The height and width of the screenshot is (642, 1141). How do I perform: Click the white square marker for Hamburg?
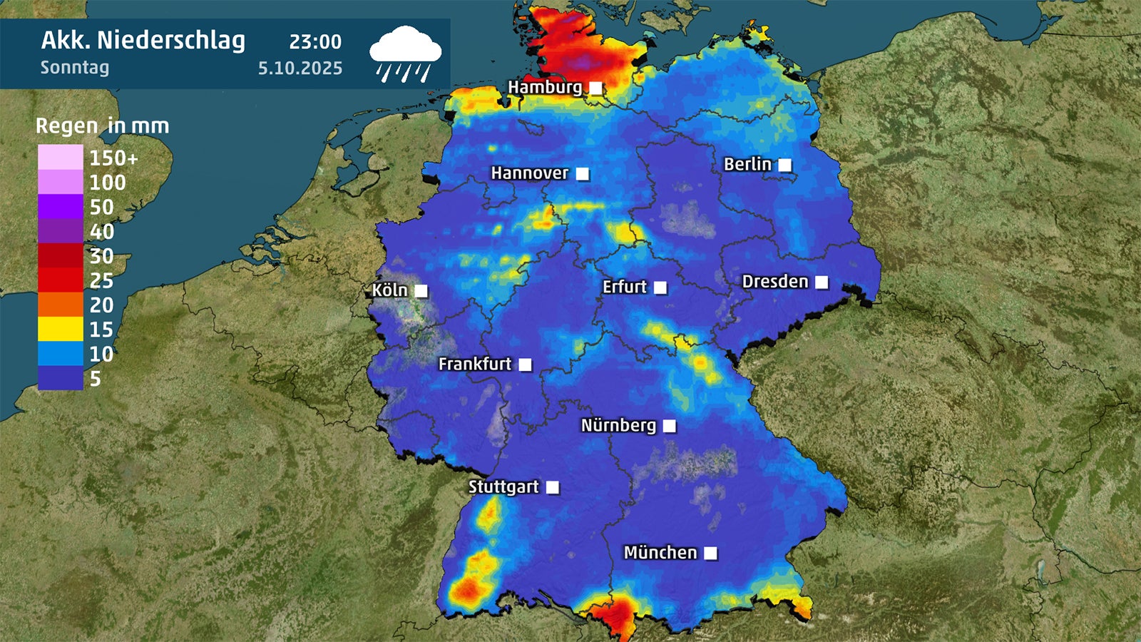595,88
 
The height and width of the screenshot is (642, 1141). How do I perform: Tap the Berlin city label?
747,164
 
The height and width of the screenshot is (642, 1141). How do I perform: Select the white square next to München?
710,553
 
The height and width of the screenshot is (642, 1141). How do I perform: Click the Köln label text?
389,290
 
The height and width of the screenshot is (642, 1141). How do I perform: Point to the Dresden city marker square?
822,282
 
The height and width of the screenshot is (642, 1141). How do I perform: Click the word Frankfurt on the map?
475,364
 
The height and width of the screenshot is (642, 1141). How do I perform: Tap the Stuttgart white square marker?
553,487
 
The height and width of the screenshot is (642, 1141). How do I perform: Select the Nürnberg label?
618,426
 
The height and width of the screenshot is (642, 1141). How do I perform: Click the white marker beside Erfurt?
660,287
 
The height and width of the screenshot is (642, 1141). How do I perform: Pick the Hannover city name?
529,173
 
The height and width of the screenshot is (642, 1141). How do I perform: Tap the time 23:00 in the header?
315,42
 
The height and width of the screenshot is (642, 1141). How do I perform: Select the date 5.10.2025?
300,68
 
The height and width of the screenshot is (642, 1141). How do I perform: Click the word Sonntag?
75,68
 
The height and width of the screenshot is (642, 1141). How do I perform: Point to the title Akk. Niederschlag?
143,40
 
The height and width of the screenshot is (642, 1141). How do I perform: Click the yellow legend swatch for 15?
61,330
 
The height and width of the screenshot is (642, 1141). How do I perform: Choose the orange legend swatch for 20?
61,305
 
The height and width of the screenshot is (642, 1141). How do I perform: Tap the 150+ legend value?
113,158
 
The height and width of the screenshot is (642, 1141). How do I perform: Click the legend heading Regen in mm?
103,126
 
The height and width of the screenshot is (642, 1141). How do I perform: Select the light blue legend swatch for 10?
61,354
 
